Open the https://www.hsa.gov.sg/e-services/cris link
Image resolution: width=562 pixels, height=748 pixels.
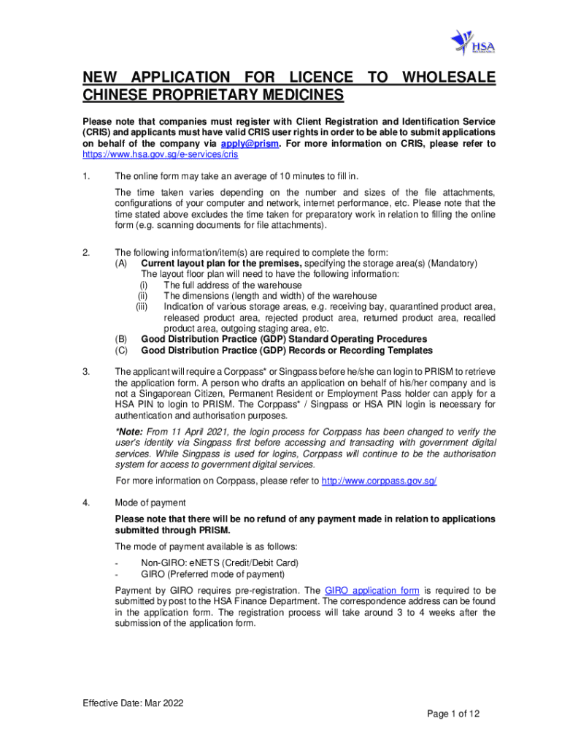pos(160,155)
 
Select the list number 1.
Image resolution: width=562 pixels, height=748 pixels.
pos(86,176)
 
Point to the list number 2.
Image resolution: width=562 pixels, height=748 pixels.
pos(86,253)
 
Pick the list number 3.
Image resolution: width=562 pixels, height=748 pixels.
pos(86,372)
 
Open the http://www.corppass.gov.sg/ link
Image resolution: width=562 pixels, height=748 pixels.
pos(379,481)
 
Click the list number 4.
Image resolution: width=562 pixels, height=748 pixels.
pos(86,503)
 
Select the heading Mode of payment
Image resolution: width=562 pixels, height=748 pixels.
pos(150,503)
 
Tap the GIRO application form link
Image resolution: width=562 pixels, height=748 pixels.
pos(372,590)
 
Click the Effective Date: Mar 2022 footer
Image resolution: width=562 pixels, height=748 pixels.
pos(133,703)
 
